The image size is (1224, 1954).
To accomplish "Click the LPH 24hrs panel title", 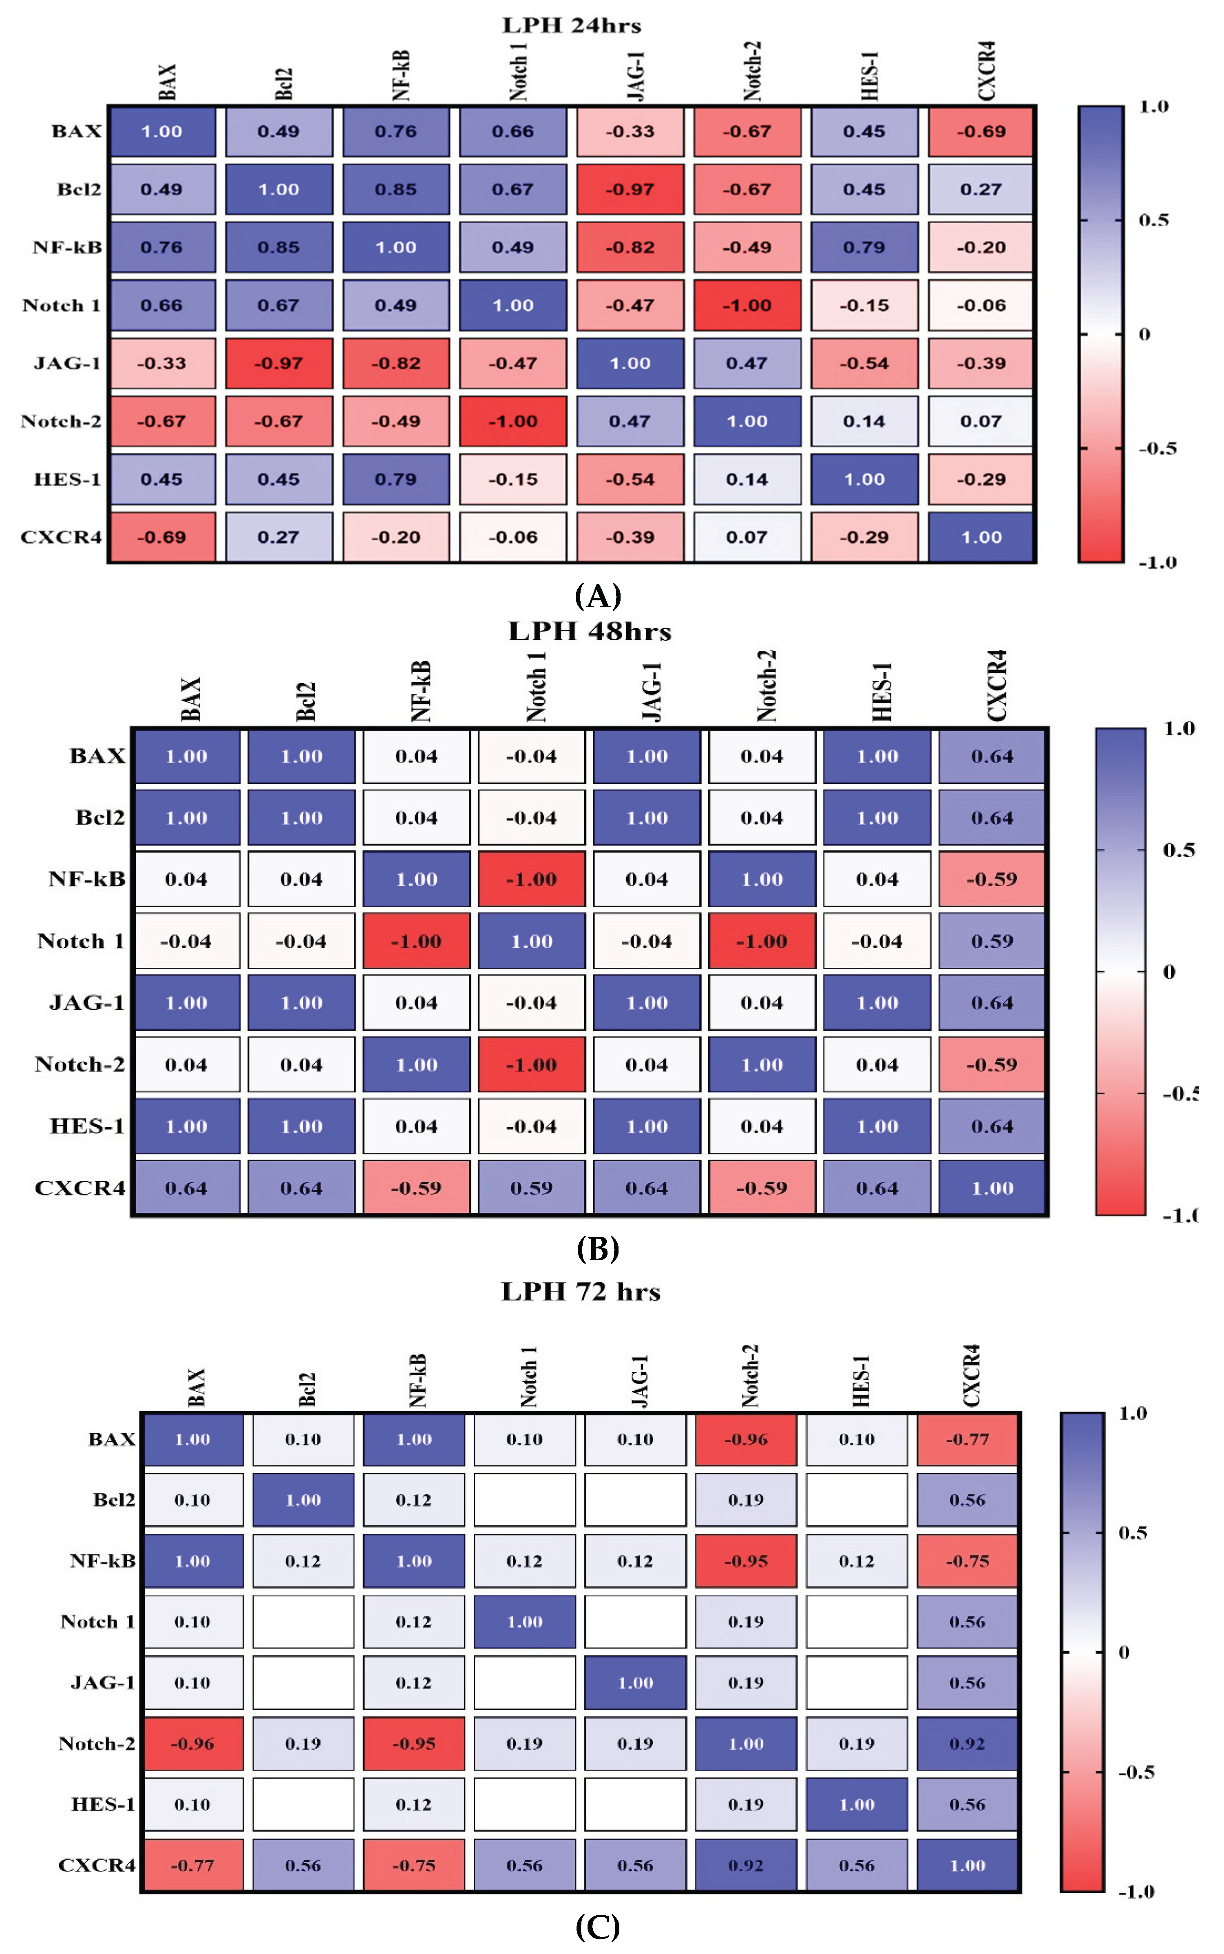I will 572,25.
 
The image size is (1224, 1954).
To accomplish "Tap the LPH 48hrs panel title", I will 589,631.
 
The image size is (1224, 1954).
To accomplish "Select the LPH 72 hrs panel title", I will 581,1291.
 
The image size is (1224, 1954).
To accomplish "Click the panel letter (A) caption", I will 597,596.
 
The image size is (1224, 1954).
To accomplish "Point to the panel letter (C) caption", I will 597,1927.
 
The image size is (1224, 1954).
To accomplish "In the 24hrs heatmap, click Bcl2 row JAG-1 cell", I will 630,190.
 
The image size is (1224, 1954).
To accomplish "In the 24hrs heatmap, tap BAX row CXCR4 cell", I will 981,131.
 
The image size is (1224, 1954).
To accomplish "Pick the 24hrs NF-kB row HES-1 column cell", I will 864,247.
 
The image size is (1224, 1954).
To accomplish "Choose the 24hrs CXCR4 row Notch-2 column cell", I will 747,537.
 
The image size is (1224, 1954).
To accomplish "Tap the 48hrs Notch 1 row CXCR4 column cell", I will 992,941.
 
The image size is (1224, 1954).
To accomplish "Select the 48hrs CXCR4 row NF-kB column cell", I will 416,1188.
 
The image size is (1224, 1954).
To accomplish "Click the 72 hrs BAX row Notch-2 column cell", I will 746,1439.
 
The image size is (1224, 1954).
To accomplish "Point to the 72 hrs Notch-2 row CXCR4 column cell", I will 968,1744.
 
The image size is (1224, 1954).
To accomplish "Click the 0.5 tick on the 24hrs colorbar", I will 1153,220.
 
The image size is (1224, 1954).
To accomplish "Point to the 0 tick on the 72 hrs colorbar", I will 1124,1652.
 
